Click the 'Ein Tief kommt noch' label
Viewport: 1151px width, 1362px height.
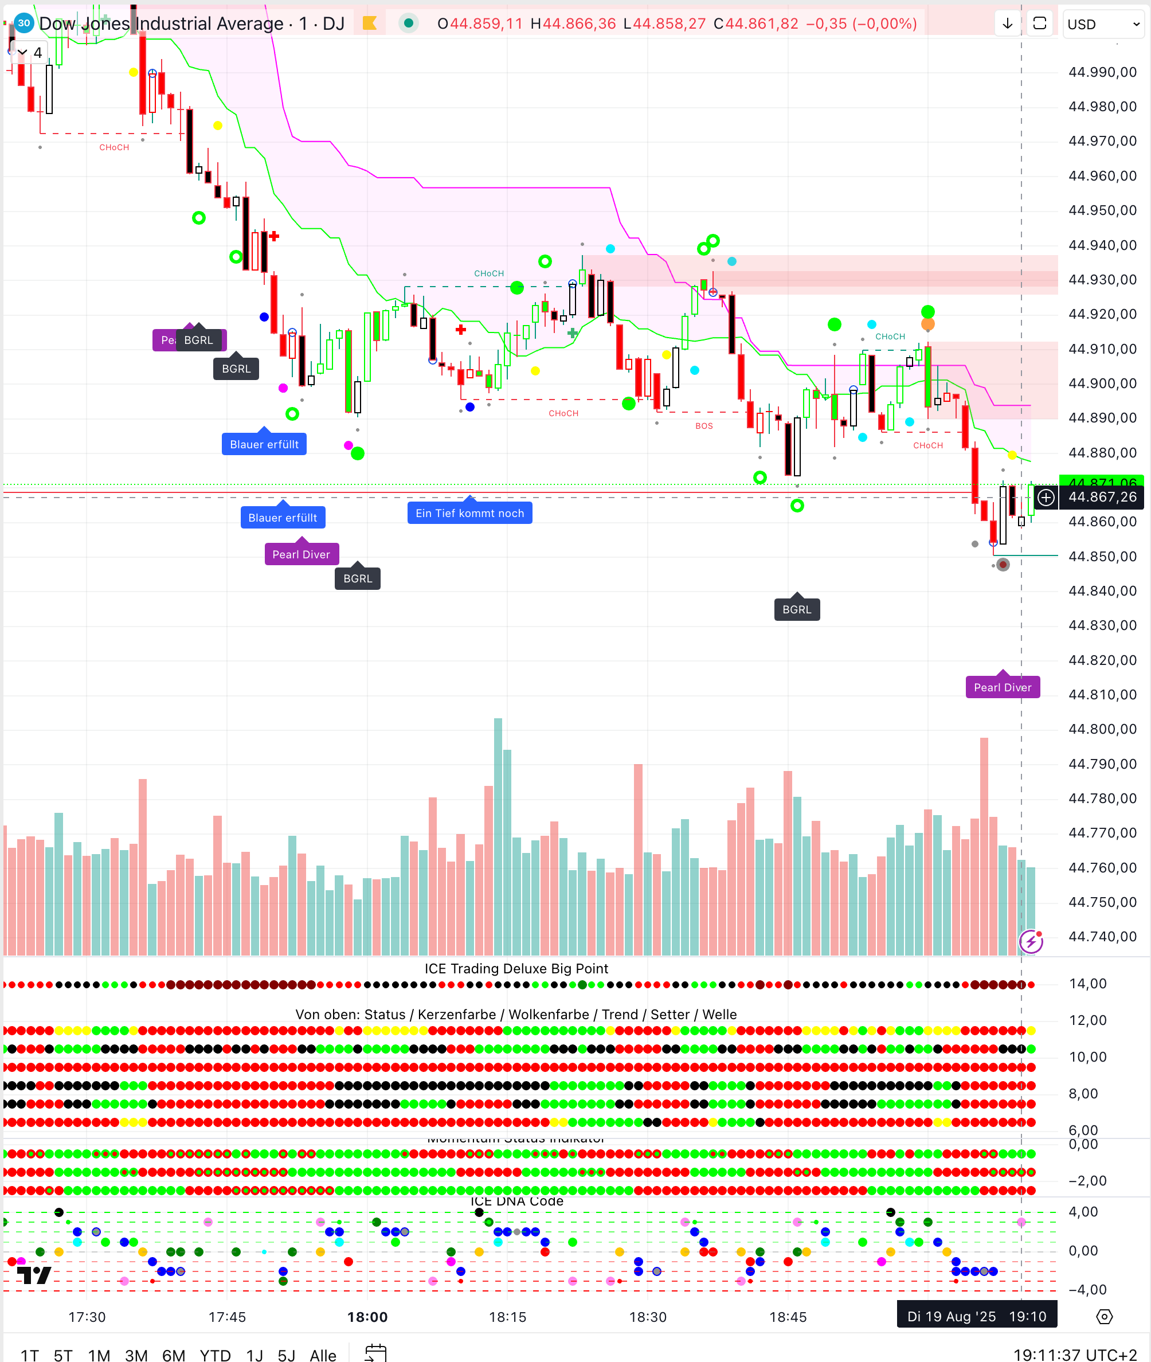(x=470, y=513)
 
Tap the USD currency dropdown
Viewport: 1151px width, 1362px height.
(x=1103, y=24)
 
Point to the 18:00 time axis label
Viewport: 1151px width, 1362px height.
(x=367, y=1316)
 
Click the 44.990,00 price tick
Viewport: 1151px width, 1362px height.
(x=1102, y=72)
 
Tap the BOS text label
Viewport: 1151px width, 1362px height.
(x=704, y=425)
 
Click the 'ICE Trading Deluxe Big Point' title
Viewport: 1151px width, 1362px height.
(x=516, y=968)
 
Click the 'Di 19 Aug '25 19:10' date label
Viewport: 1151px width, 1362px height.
(x=977, y=1316)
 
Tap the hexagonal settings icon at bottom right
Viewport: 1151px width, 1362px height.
(x=1104, y=1316)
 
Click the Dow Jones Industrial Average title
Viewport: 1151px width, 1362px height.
(x=161, y=24)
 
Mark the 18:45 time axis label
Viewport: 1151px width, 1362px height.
(x=788, y=1316)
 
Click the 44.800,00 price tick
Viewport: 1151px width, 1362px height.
(x=1102, y=729)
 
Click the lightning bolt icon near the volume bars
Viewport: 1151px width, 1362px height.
(x=1031, y=941)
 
